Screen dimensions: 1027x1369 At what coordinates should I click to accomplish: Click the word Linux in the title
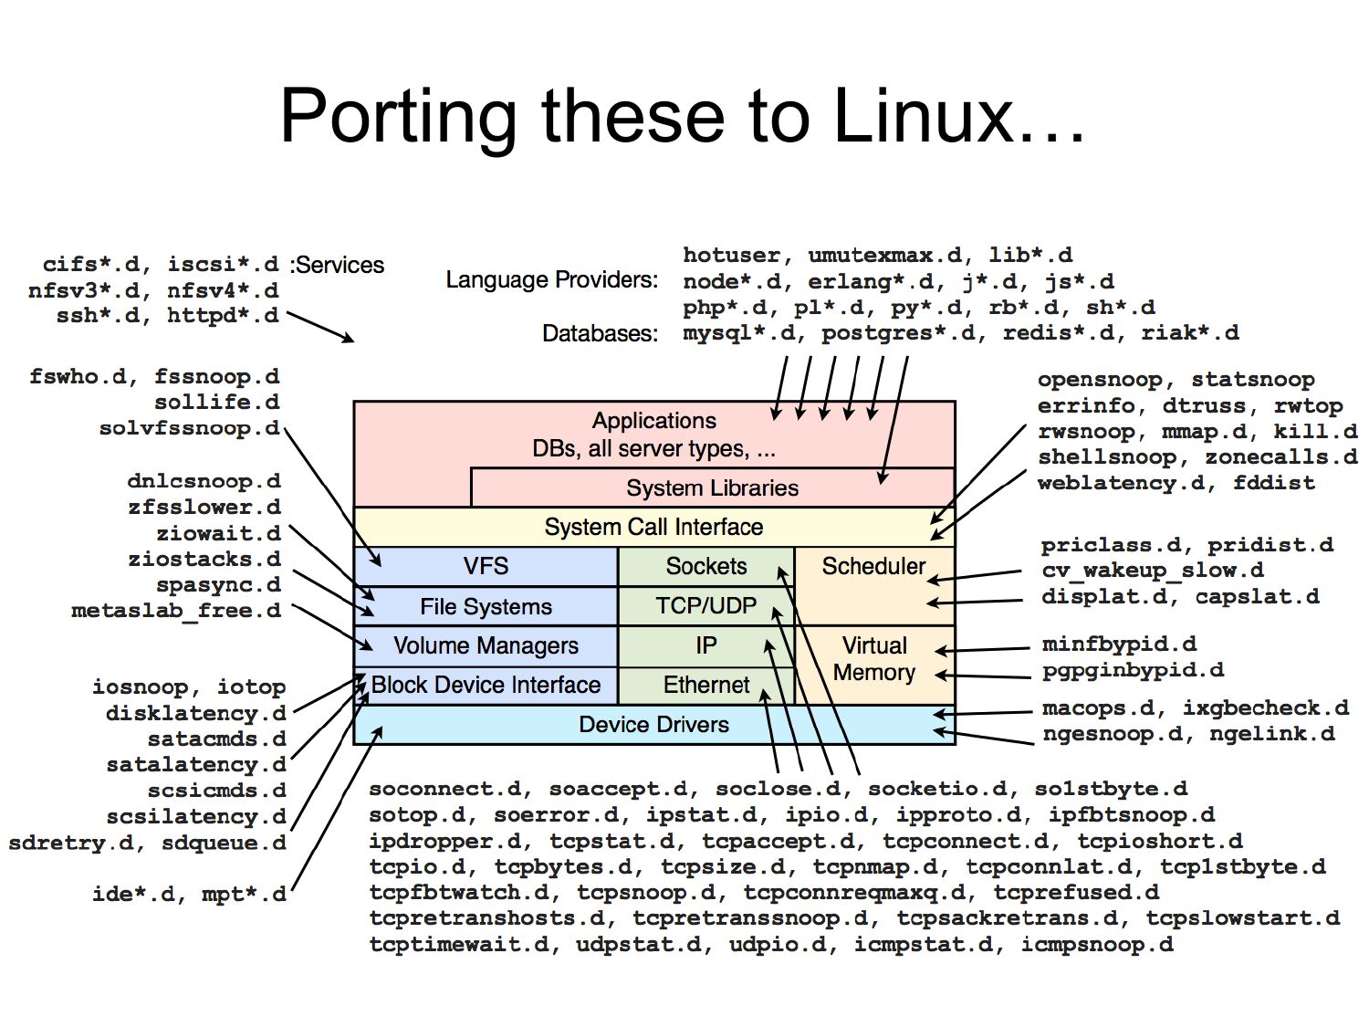[958, 116]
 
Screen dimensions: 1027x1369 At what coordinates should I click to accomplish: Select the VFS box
[486, 566]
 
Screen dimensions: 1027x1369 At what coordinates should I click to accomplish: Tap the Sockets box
[705, 566]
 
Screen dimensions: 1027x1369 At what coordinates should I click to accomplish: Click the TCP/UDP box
[705, 606]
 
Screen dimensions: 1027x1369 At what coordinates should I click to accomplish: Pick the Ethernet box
[705, 685]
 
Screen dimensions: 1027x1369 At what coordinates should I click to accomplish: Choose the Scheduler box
[873, 567]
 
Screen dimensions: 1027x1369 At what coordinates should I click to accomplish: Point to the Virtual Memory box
[873, 659]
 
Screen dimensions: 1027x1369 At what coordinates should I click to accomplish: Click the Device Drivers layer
[653, 725]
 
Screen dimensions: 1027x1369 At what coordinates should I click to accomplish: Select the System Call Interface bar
[653, 527]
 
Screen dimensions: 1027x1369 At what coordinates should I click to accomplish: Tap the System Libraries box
[712, 488]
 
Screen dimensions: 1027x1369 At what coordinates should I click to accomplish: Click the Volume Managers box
[486, 645]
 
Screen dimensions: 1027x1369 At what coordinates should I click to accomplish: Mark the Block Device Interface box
[486, 685]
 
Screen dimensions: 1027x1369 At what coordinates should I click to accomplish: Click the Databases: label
[600, 333]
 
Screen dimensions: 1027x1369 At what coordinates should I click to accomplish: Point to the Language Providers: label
[551, 280]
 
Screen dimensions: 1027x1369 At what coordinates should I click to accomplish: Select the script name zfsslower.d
[204, 508]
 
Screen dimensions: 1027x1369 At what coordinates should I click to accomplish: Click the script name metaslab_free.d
[176, 611]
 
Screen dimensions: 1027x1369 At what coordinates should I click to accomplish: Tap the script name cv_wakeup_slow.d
[1153, 571]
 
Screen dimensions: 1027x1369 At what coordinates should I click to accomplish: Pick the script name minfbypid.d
[1119, 644]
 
